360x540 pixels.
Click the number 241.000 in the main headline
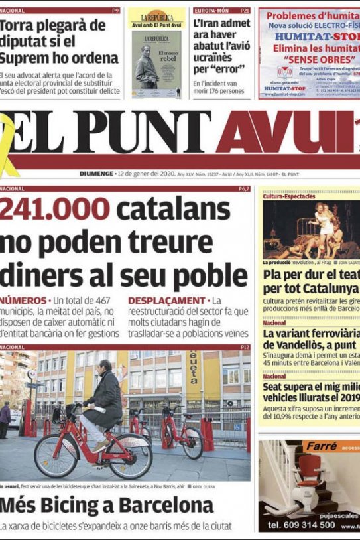pyautogui.click(x=55, y=210)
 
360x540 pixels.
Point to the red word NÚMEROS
pyautogui.click(x=23, y=301)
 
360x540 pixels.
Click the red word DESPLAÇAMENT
pyautogui.click(x=166, y=301)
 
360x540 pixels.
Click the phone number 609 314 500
pyautogui.click(x=302, y=525)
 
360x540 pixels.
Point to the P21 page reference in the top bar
pyautogui.click(x=245, y=11)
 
